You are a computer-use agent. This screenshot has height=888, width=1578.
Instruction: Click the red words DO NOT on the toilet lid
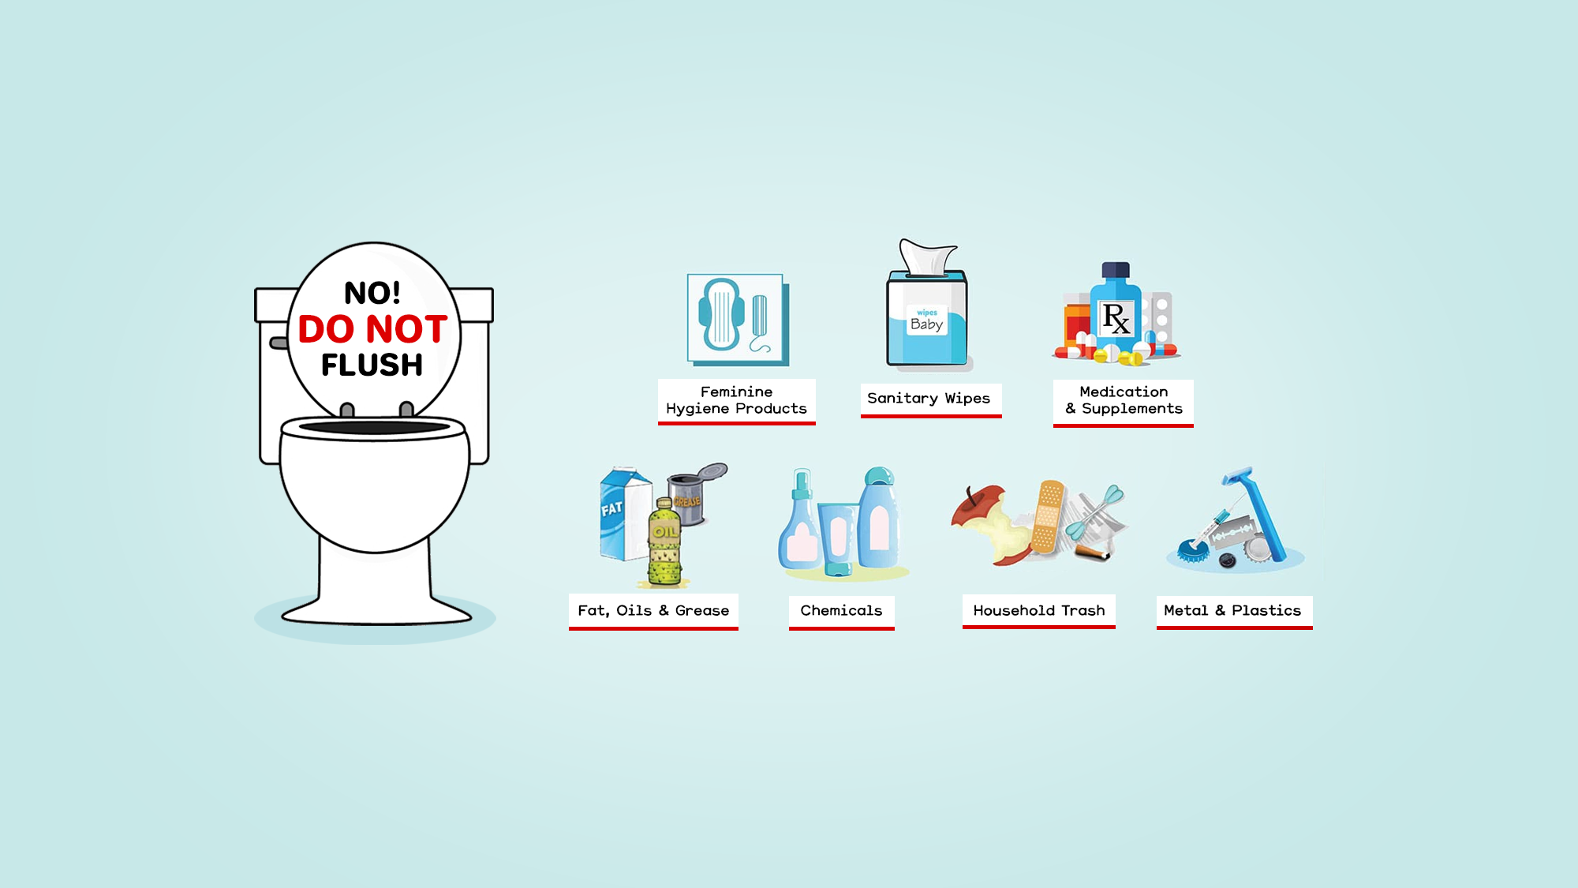pyautogui.click(x=372, y=329)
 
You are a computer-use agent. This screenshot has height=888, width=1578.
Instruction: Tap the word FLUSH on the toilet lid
pyautogui.click(x=372, y=365)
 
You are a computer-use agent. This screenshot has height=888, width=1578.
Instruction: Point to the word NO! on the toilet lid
pyautogui.click(x=372, y=294)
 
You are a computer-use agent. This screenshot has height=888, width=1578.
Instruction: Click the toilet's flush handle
pyautogui.click(x=279, y=343)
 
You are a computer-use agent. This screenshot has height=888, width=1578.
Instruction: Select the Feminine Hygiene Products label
pyautogui.click(x=736, y=400)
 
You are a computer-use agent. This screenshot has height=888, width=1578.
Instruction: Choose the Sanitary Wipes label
pyautogui.click(x=929, y=399)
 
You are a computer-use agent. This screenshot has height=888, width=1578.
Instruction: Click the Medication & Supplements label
pyautogui.click(x=1124, y=400)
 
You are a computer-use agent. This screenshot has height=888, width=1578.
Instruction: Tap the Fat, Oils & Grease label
pyautogui.click(x=653, y=610)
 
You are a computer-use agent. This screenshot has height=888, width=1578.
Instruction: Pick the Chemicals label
pyautogui.click(x=841, y=610)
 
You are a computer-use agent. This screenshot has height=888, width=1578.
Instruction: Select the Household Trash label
pyautogui.click(x=1038, y=610)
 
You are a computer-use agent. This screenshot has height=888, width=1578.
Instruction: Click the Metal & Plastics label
pyautogui.click(x=1232, y=610)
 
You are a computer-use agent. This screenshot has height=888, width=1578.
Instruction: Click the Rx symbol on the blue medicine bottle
pyautogui.click(x=1116, y=318)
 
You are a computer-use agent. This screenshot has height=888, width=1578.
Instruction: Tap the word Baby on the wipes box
pyautogui.click(x=926, y=324)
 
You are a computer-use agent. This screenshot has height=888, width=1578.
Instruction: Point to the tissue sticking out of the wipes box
pyautogui.click(x=929, y=257)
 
